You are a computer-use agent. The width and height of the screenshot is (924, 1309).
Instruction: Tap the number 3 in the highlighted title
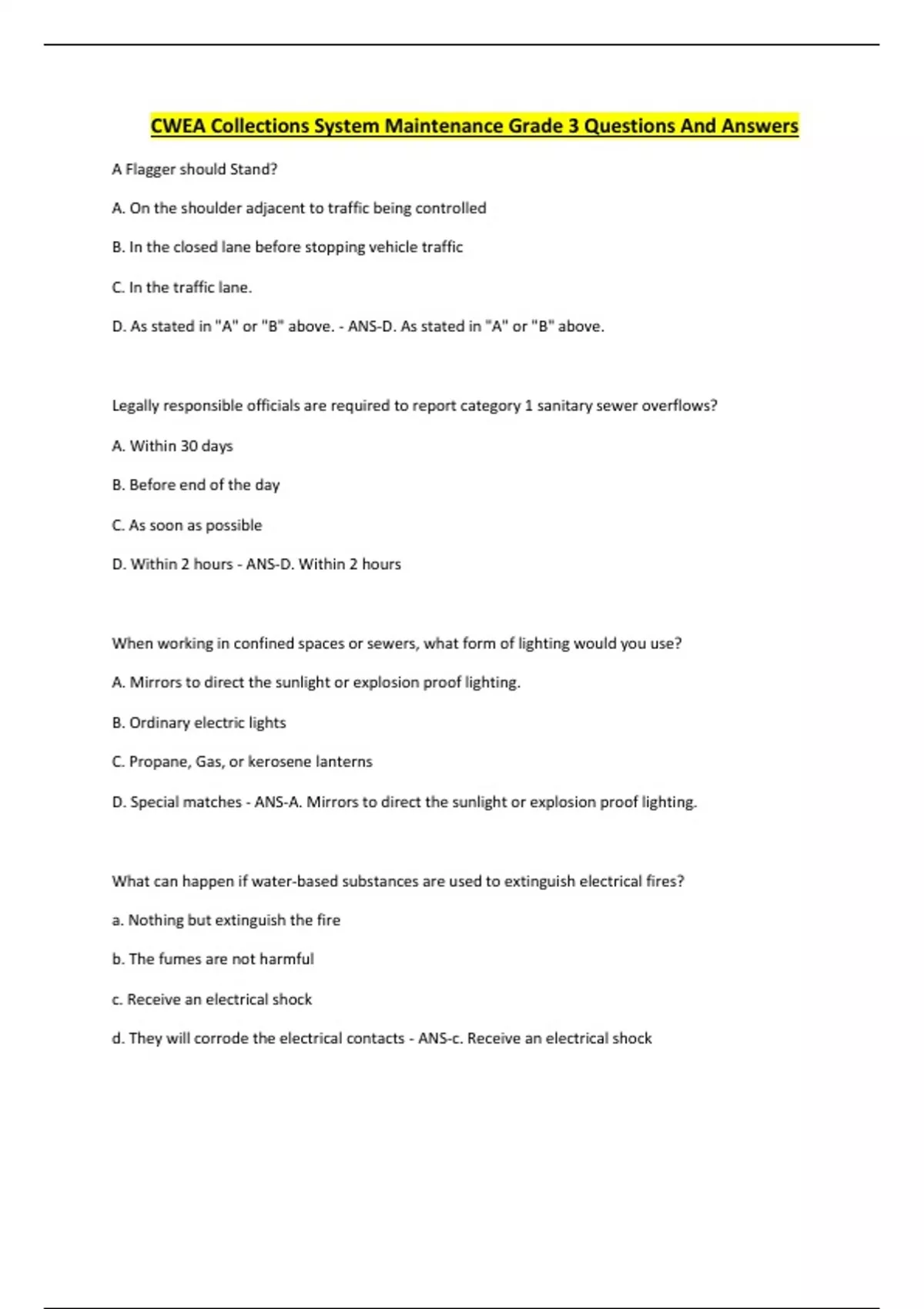573,126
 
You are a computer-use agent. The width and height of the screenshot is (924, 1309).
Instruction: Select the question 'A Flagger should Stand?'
194,169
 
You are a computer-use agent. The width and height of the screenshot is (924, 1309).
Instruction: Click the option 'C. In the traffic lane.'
182,287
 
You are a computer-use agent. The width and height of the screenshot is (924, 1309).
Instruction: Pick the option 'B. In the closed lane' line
287,247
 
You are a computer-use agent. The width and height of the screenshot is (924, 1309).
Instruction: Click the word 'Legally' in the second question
136,406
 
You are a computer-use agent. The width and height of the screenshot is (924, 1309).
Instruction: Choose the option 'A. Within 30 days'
172,446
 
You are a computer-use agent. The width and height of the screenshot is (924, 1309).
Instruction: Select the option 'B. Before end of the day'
196,485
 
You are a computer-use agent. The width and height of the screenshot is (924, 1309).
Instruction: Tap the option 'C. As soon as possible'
186,525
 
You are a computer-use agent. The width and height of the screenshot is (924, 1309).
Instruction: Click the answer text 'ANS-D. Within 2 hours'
323,564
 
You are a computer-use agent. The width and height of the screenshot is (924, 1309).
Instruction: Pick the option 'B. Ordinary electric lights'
199,723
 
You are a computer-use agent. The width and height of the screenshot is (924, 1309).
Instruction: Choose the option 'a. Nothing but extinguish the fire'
226,920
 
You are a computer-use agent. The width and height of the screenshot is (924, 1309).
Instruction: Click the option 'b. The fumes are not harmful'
213,959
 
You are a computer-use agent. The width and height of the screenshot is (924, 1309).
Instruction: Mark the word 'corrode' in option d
220,1039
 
